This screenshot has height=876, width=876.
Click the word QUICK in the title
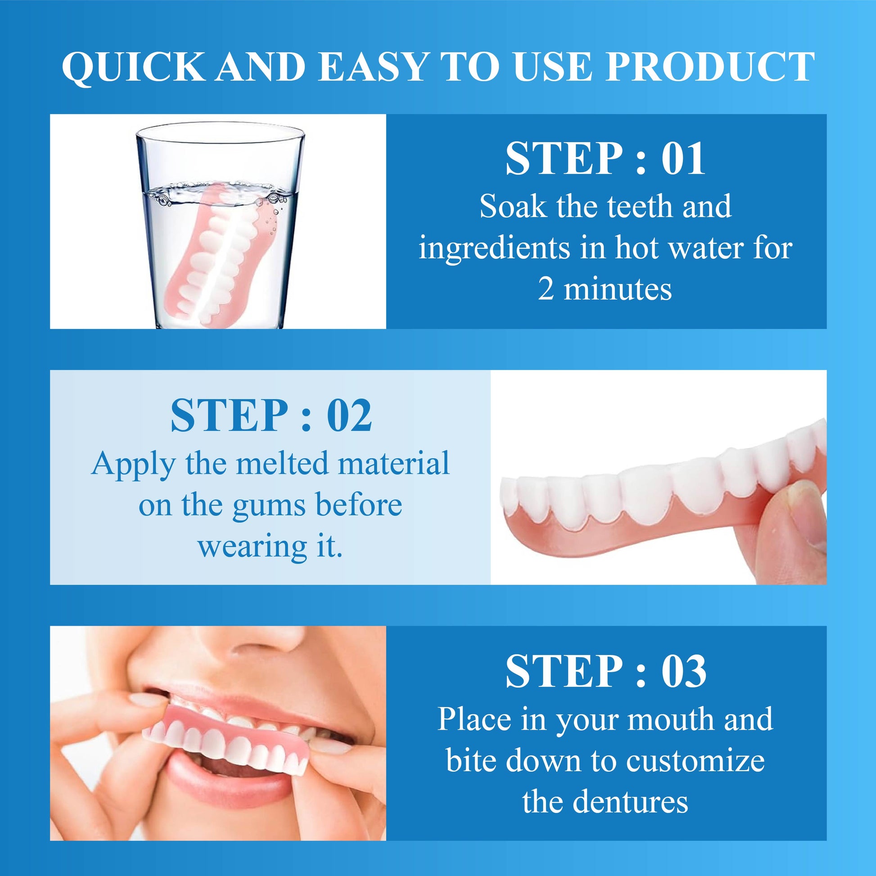[x=133, y=67]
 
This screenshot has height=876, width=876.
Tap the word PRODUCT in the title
[x=710, y=67]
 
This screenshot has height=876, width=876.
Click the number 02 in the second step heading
[x=349, y=415]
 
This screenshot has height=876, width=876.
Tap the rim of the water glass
[x=221, y=131]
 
